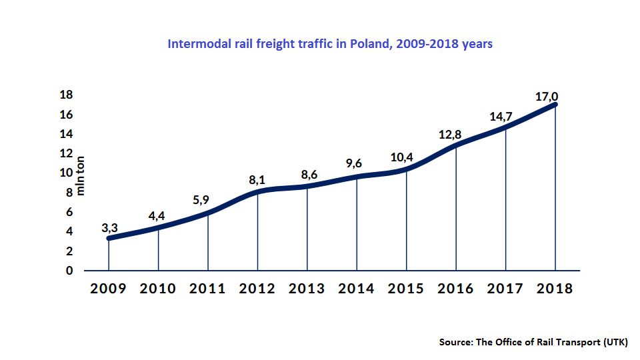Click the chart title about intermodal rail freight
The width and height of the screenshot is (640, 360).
[330, 45]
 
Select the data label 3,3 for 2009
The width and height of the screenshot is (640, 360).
[110, 228]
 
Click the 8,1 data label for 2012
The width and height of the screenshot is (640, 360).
[257, 180]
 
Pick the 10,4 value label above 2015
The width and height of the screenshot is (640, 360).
[401, 158]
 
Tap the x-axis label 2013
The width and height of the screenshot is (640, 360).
[307, 289]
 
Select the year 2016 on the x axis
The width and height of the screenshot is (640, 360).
[456, 289]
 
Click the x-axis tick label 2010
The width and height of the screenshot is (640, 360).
[158, 289]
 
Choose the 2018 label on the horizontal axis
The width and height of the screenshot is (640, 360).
[555, 289]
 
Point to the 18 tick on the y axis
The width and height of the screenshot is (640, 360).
[66, 95]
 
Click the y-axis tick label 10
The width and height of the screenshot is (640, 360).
[66, 173]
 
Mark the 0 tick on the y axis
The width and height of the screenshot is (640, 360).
[69, 271]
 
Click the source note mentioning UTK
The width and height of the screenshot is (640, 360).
[533, 342]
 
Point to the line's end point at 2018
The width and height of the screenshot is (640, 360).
[555, 104]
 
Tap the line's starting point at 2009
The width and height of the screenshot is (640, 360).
[109, 238]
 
